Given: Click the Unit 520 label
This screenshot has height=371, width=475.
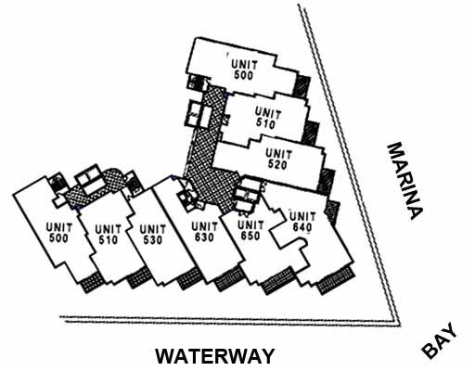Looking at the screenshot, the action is [278, 160].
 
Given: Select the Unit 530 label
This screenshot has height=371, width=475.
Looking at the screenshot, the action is [152, 235].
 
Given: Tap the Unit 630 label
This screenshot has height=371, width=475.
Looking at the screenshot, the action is [204, 232].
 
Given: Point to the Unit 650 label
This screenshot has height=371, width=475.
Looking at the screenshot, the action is [250, 230].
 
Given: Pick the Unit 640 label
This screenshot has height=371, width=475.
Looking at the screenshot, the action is [302, 222].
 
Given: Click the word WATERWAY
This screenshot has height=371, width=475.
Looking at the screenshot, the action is [214, 356].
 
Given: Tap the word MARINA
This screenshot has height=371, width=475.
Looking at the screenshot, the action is [404, 181].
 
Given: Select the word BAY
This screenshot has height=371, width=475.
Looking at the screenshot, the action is [439, 340].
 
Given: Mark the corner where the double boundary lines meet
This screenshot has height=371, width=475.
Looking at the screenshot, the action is [398, 324].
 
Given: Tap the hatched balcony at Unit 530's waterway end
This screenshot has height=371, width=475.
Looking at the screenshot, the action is [139, 277].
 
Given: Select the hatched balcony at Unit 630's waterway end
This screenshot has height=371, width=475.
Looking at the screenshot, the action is [189, 278].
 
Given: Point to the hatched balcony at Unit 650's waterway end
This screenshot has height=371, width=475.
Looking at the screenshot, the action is [229, 278].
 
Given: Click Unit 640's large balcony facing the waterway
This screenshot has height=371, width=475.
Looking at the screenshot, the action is [336, 280].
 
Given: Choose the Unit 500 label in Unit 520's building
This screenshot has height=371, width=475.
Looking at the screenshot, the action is [244, 70].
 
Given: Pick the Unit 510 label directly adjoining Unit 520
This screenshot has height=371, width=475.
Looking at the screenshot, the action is [268, 119].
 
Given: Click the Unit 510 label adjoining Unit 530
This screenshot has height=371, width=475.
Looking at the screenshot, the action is [108, 235].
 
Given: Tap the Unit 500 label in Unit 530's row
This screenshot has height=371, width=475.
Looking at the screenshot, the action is [59, 233].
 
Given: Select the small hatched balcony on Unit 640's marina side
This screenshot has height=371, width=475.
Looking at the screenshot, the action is [333, 211].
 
